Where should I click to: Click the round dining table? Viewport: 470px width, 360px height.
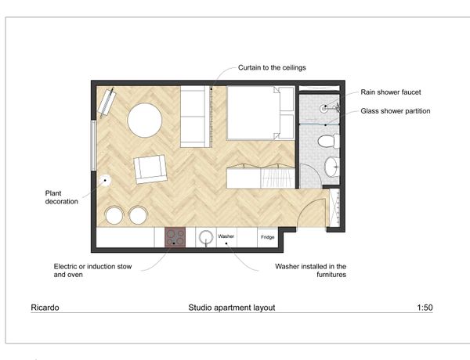point(145,120)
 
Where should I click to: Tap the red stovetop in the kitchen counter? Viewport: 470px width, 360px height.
point(175,237)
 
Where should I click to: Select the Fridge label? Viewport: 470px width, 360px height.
point(268,237)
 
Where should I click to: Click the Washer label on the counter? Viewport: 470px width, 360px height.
point(226,236)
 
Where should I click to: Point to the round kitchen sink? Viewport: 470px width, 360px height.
point(206,237)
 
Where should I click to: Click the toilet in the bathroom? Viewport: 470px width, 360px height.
point(328,141)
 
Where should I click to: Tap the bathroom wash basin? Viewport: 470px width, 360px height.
point(332,167)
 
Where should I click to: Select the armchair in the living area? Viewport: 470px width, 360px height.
point(150,169)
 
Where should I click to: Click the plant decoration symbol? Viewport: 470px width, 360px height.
point(105,181)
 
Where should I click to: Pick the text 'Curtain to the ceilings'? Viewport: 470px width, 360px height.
point(272,67)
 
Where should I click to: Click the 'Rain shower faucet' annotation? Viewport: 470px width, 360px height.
point(391,92)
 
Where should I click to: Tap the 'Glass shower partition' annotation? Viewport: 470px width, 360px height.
point(396,111)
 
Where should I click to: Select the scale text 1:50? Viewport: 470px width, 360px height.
point(425,308)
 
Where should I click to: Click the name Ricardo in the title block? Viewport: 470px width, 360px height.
point(45,308)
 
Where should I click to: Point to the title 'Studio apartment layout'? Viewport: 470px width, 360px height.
point(232,308)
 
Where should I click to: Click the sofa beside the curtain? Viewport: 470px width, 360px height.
point(195,117)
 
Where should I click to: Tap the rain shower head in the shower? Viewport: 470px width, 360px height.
point(324,109)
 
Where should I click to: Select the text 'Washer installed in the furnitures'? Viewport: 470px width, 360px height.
point(310,271)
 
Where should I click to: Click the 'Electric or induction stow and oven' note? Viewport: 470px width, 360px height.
point(92,271)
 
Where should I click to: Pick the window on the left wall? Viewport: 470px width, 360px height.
point(93,146)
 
